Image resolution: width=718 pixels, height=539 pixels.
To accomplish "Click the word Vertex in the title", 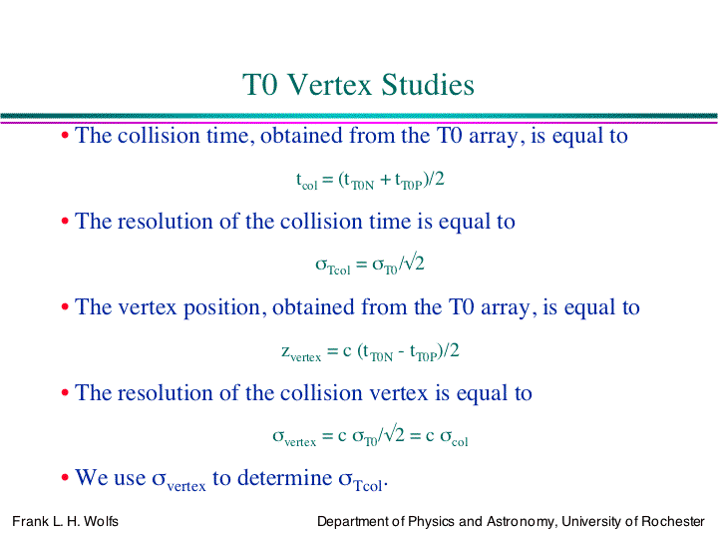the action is click(330, 85).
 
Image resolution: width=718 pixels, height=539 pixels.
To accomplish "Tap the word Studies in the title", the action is click(428, 85).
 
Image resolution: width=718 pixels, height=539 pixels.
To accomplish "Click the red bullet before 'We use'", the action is click(65, 477).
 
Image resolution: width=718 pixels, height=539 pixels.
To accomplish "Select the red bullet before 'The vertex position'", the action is click(65, 306).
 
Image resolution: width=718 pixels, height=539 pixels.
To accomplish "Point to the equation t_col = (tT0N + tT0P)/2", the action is click(370, 180).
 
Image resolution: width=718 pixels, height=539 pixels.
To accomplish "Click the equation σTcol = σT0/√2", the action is click(370, 265).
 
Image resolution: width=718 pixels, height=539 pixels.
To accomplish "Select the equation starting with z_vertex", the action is click(370, 351).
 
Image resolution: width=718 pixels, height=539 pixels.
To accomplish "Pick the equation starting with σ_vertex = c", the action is click(370, 436).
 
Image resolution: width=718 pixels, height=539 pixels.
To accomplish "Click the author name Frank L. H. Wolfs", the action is click(65, 521).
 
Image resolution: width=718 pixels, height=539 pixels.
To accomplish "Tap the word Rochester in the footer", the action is click(673, 521).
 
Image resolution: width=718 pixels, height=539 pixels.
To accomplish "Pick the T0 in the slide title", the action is click(260, 85).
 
